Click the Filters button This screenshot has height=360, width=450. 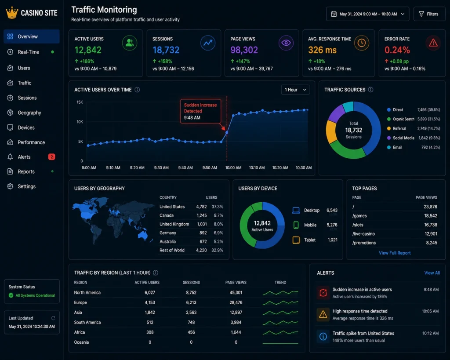click(x=429, y=14)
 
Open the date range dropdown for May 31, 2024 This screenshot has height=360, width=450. click(x=368, y=14)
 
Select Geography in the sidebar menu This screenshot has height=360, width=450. click(x=29, y=113)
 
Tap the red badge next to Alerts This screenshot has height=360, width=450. click(x=51, y=157)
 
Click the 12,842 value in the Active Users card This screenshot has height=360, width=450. click(x=88, y=50)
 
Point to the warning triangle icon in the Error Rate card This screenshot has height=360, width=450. click(x=433, y=43)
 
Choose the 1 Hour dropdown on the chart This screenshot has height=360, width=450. click(x=295, y=90)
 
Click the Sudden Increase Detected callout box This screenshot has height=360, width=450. click(x=200, y=111)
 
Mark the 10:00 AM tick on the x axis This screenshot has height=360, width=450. click(x=233, y=167)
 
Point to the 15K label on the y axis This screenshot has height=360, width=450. click(x=80, y=102)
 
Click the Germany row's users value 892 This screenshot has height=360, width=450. click(x=203, y=233)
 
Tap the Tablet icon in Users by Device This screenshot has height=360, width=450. click(x=296, y=240)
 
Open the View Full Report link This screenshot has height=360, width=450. click(x=395, y=253)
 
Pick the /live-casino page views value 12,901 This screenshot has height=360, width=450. click(x=431, y=234)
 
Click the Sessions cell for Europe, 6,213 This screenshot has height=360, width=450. click(x=191, y=302)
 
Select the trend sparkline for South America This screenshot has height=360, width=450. click(x=280, y=322)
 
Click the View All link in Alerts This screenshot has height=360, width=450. click(x=432, y=273)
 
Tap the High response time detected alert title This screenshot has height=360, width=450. click(x=360, y=311)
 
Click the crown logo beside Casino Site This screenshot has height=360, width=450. click(x=12, y=13)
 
